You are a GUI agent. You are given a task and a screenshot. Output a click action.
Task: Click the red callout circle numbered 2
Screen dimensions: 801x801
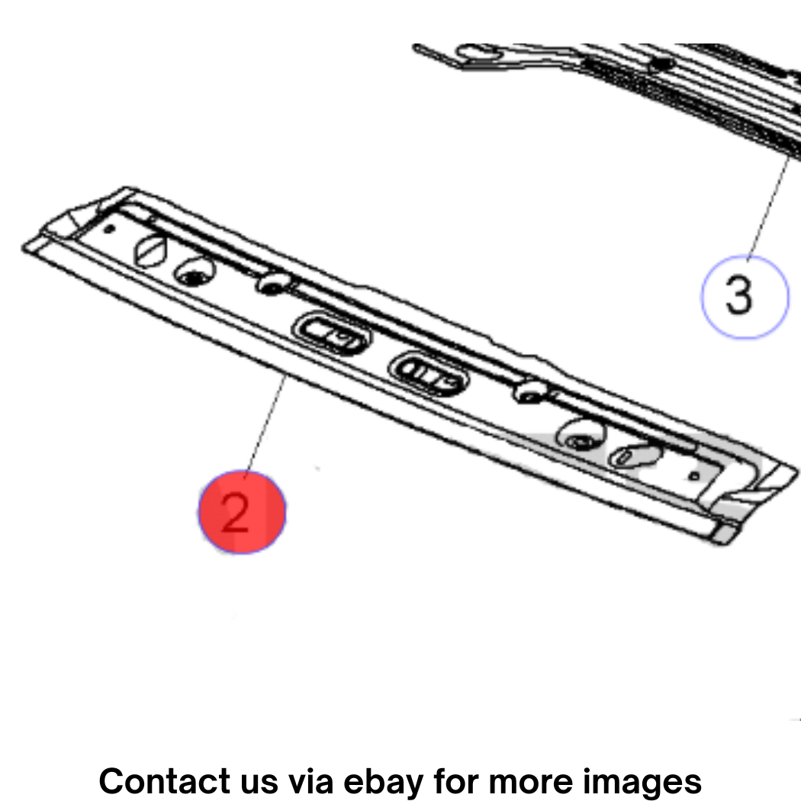242,512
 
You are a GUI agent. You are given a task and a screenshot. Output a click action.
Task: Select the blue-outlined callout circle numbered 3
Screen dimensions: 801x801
745,297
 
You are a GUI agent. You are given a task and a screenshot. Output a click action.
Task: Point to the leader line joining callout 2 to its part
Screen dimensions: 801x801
265,426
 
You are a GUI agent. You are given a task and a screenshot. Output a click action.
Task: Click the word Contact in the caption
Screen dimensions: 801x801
165,781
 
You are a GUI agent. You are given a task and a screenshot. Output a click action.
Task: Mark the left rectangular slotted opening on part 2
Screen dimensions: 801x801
332,333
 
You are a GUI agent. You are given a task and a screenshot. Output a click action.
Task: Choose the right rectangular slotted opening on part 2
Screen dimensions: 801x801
429,374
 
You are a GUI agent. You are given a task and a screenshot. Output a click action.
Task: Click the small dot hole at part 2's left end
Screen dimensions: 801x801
109,228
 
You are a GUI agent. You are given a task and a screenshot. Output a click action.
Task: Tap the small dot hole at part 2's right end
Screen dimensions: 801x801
693,476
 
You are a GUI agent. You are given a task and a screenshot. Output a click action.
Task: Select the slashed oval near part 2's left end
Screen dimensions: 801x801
150,251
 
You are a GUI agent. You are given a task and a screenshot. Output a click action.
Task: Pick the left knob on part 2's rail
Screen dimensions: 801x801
273,283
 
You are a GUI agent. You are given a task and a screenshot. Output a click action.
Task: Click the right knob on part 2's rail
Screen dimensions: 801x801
531,391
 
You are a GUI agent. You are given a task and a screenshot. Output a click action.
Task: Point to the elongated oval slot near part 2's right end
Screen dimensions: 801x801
633,455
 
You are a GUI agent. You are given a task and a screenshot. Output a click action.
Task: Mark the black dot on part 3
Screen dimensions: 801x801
662,64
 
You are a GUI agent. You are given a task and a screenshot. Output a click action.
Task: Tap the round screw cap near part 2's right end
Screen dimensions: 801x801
581,435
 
